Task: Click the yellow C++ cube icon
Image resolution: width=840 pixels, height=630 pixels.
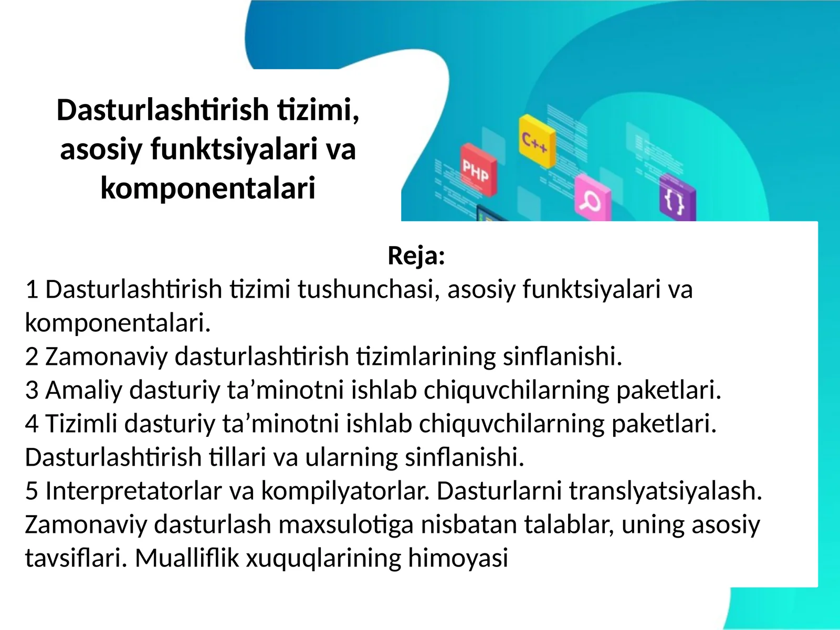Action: pyautogui.click(x=536, y=141)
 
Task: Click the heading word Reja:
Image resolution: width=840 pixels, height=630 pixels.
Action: pyautogui.click(x=416, y=256)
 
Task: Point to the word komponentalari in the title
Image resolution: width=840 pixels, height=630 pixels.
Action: pyautogui.click(x=208, y=188)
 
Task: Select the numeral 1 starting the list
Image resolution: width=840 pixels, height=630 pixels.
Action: pyautogui.click(x=31, y=289)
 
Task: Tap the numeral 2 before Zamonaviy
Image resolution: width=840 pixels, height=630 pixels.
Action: pyautogui.click(x=31, y=356)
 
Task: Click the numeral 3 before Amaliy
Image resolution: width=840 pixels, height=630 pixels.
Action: pyautogui.click(x=31, y=390)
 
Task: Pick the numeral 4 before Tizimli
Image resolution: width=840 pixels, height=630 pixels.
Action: pyautogui.click(x=31, y=424)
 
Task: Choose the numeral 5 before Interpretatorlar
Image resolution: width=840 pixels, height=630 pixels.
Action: pyautogui.click(x=31, y=491)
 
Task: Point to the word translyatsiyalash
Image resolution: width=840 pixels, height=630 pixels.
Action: pyautogui.click(x=665, y=491)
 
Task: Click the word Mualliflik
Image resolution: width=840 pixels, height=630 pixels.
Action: pyautogui.click(x=187, y=558)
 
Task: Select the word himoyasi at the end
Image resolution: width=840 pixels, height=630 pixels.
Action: pyautogui.click(x=458, y=558)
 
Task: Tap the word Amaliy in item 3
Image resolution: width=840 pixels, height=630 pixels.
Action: pyautogui.click(x=84, y=390)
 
